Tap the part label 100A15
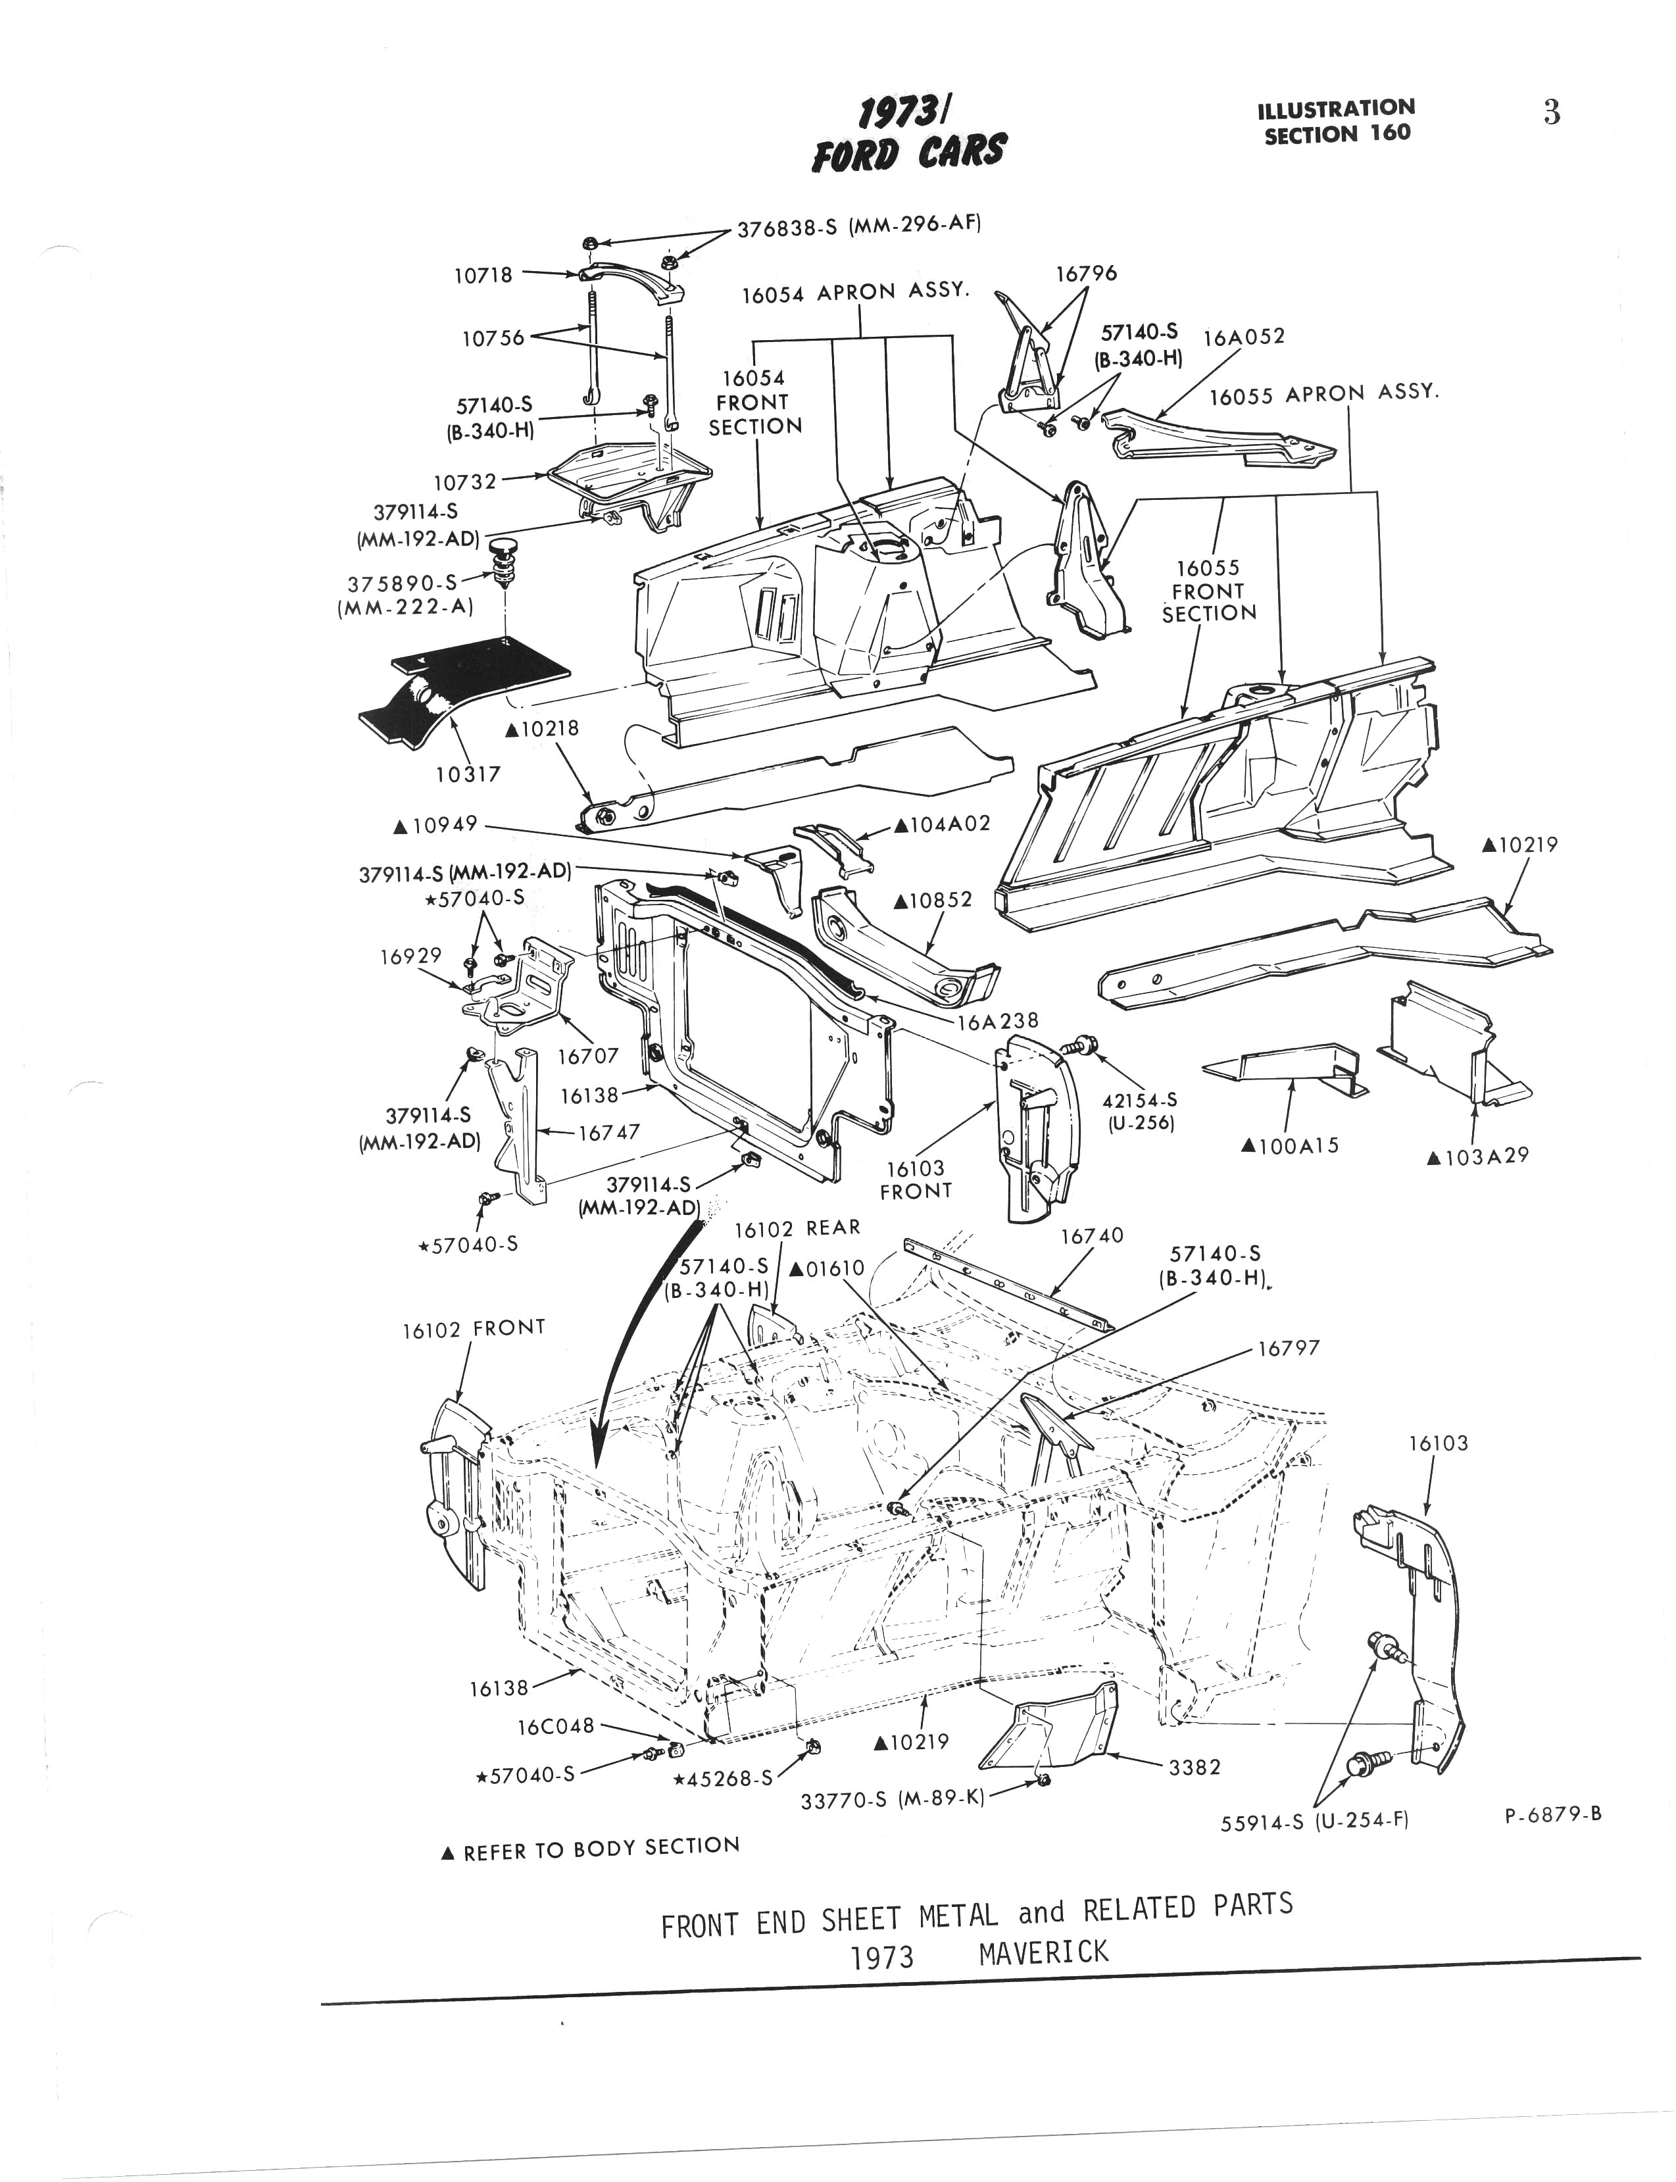click(x=1289, y=1147)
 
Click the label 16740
click(x=1091, y=1236)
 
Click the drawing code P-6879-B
click(x=1552, y=1815)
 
